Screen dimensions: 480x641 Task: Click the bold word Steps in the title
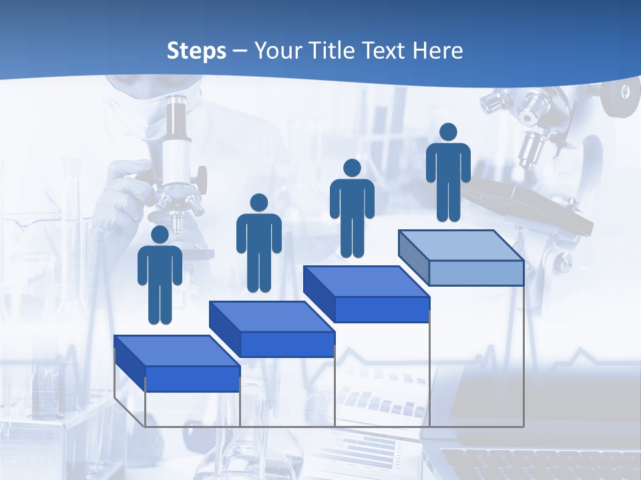point(196,51)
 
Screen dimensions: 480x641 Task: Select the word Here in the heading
point(438,51)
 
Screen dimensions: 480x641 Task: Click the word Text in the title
point(387,51)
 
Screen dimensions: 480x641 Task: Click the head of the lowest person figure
point(160,235)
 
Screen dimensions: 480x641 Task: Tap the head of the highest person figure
point(448,132)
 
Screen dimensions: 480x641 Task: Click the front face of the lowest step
point(192,379)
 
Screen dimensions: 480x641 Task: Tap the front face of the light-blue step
point(476,273)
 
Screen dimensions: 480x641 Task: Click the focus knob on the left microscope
point(200,177)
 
